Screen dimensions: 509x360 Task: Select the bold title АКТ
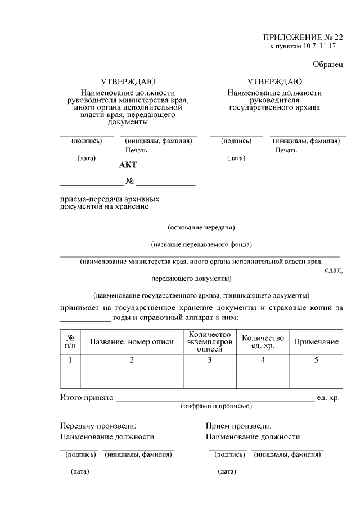pyautogui.click(x=128, y=165)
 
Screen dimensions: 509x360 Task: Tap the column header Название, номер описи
pyautogui.click(x=132, y=342)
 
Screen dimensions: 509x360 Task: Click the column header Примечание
pyautogui.click(x=316, y=342)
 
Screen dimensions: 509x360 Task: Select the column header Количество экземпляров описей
pyautogui.click(x=209, y=342)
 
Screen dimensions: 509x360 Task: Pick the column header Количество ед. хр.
pyautogui.click(x=263, y=342)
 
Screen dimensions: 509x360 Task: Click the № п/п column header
pyautogui.click(x=70, y=342)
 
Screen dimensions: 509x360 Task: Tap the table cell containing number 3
pyautogui.click(x=209, y=361)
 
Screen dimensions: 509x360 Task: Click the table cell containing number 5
pyautogui.click(x=316, y=361)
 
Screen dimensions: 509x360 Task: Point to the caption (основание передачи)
pyautogui.click(x=201, y=228)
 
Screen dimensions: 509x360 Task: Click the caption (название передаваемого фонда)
pyautogui.click(x=201, y=245)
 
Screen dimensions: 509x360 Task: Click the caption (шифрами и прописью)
pyautogui.click(x=216, y=406)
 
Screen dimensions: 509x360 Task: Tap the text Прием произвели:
pyautogui.click(x=238, y=426)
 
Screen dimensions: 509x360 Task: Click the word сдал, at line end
pyautogui.click(x=334, y=271)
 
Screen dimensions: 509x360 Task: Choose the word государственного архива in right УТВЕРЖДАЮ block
pyautogui.click(x=274, y=107)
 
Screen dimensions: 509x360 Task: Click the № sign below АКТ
pyautogui.click(x=129, y=182)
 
